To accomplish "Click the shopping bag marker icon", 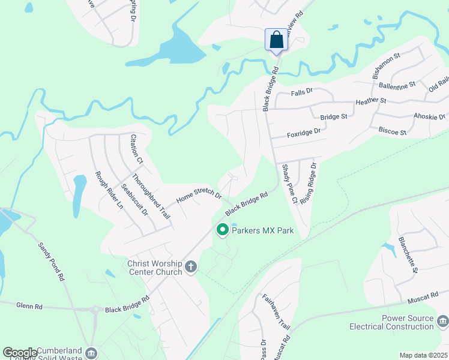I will [276, 40].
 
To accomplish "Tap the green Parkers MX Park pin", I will [222, 230].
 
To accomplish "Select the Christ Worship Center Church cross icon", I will [191, 266].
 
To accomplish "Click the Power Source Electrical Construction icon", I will [442, 322].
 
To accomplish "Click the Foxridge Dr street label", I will [304, 130].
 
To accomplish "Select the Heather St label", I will [371, 101].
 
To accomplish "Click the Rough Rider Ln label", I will [109, 190].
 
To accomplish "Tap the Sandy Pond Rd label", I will [51, 262].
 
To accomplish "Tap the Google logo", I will [19, 352].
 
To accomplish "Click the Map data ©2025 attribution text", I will [423, 355].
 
